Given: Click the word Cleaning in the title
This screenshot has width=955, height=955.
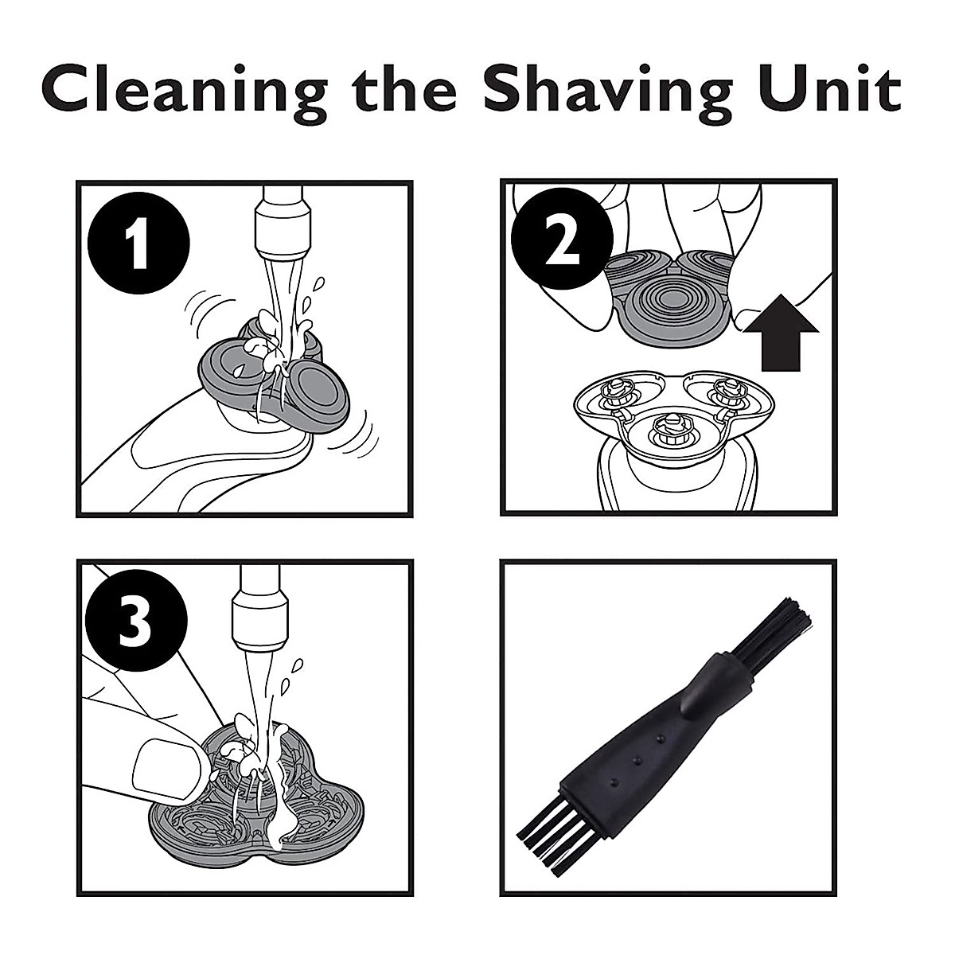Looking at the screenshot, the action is [184, 93].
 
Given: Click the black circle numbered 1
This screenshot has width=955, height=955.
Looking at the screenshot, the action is [138, 244].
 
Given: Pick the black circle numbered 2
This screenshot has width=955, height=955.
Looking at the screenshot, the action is [562, 243].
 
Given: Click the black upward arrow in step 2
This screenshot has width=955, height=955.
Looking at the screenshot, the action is [780, 332].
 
